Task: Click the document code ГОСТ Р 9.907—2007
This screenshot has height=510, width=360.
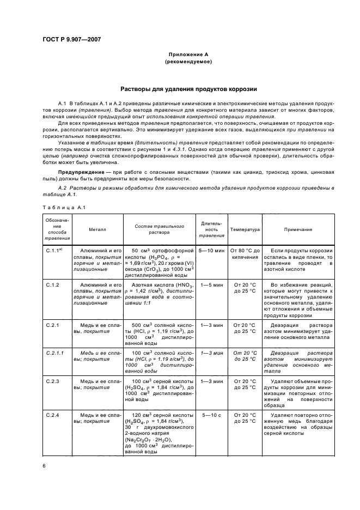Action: [x=71, y=39]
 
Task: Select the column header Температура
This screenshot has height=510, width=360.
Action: [x=245, y=230]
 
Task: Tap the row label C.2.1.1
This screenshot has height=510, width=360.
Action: [x=54, y=353]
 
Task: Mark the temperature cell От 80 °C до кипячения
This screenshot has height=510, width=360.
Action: [x=245, y=253]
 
